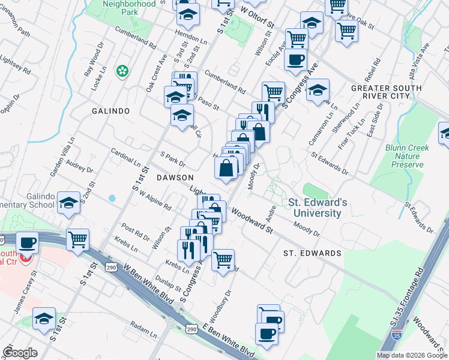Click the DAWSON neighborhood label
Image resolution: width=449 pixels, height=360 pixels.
pyautogui.click(x=175, y=178)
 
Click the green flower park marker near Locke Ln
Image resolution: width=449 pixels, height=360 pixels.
pyautogui.click(x=122, y=71)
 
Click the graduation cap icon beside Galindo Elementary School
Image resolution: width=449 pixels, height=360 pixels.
pyautogui.click(x=69, y=203)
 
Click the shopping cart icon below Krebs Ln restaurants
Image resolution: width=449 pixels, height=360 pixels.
pyautogui.click(x=223, y=260)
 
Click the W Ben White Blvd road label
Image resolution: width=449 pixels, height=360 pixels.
pyautogui.click(x=142, y=281)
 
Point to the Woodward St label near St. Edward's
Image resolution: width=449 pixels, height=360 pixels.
pyautogui.click(x=252, y=221)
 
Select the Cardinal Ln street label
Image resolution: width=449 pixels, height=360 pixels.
pyautogui.click(x=126, y=157)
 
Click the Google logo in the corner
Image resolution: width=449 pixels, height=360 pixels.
pyautogui.click(x=20, y=353)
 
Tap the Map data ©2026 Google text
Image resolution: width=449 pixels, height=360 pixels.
pyautogui.click(x=412, y=355)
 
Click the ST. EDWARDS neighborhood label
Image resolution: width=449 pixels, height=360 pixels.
pyautogui.click(x=312, y=253)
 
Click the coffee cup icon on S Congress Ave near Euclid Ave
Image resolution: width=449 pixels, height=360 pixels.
pyautogui.click(x=296, y=60)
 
